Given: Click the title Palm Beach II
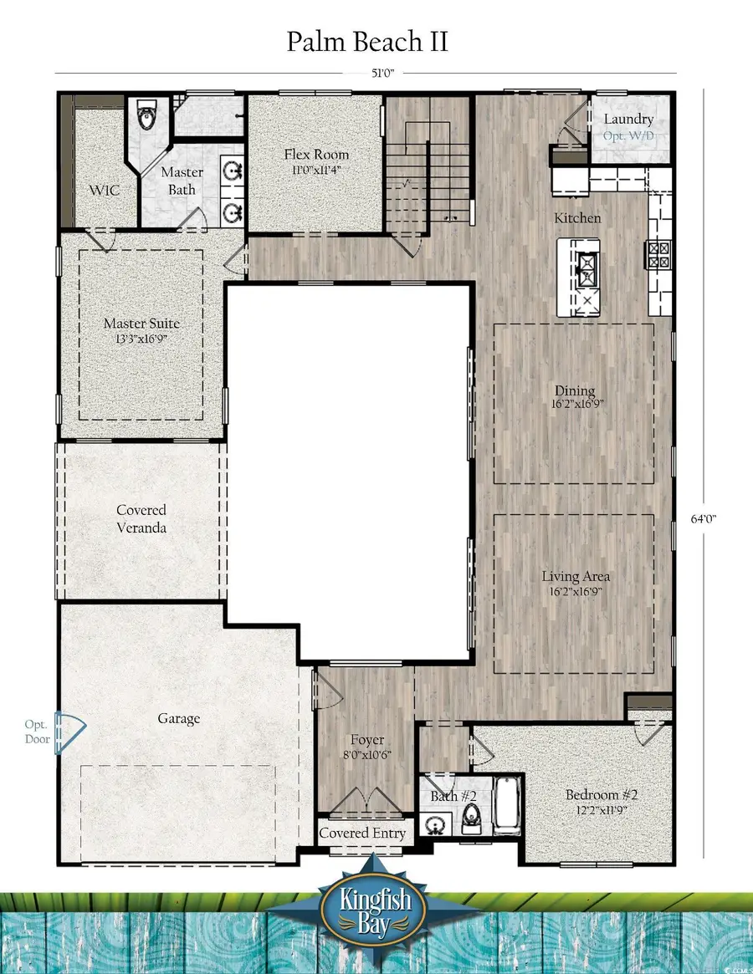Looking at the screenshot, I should [x=367, y=42].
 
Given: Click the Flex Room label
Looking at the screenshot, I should [x=316, y=155].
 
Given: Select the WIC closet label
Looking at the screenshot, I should [x=105, y=190].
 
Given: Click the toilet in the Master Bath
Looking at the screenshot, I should [x=148, y=117].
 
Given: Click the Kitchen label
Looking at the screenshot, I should [x=577, y=217].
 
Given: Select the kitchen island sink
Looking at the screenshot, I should [x=588, y=269].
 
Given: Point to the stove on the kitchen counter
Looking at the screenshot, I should [x=657, y=253].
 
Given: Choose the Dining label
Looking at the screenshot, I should [x=575, y=390].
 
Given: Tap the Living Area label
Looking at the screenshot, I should [x=575, y=576].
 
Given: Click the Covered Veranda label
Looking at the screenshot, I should [x=141, y=518].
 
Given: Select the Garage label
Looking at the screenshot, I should [x=178, y=718].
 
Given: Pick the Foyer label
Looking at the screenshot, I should [x=367, y=740].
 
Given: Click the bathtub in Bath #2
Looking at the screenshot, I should [x=507, y=806].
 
